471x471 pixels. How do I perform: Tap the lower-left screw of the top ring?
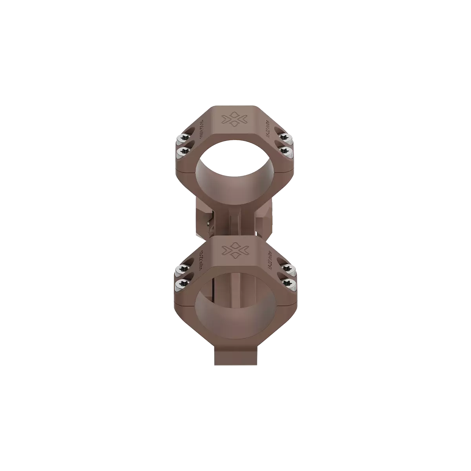click(x=182, y=150)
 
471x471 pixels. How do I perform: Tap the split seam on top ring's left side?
click(x=184, y=172)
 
